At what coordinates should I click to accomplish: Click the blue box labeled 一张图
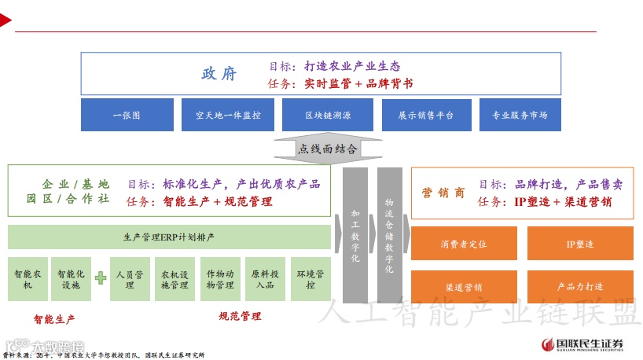[x=126, y=115]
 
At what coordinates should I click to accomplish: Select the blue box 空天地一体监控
[x=227, y=115]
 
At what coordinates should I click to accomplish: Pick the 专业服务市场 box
[x=520, y=115]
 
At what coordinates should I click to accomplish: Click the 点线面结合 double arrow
[x=327, y=149]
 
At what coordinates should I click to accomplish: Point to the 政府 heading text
[x=219, y=74]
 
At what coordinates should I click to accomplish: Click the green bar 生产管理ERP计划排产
[x=169, y=237]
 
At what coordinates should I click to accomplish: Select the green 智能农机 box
[x=28, y=280]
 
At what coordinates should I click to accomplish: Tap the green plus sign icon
[x=101, y=278]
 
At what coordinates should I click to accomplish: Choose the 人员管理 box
[x=130, y=280]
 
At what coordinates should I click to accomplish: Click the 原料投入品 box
[x=265, y=280]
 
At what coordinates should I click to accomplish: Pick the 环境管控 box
[x=310, y=280]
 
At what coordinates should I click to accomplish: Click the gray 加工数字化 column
[x=355, y=235]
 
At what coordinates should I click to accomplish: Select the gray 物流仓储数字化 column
[x=389, y=235]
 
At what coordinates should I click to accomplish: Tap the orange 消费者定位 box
[x=464, y=244]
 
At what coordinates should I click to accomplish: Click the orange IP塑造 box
[x=580, y=244]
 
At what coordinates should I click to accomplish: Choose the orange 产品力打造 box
[x=580, y=287]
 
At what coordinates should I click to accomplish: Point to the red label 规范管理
[x=240, y=316]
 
